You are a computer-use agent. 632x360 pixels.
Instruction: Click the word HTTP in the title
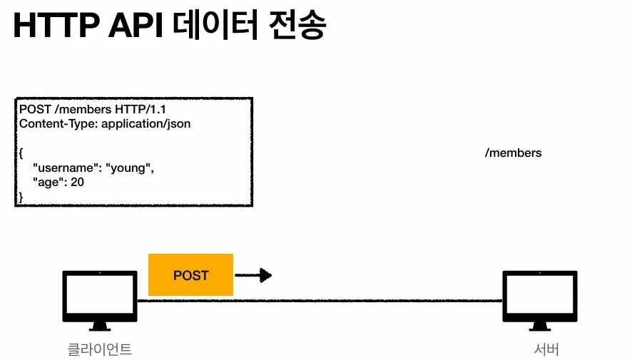click(53, 27)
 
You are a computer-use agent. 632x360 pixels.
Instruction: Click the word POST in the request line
click(34, 110)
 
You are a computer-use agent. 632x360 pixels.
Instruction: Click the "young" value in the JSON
click(129, 168)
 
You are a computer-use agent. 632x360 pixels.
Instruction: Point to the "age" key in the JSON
click(49, 182)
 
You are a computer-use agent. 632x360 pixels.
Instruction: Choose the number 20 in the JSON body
click(78, 182)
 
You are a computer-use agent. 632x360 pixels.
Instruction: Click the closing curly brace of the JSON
click(21, 196)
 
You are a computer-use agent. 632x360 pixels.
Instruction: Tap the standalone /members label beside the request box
click(513, 153)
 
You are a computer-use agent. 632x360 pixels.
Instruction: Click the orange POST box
click(190, 274)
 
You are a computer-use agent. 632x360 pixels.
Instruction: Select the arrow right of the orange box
click(254, 274)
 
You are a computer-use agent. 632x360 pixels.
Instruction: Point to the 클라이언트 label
click(100, 349)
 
